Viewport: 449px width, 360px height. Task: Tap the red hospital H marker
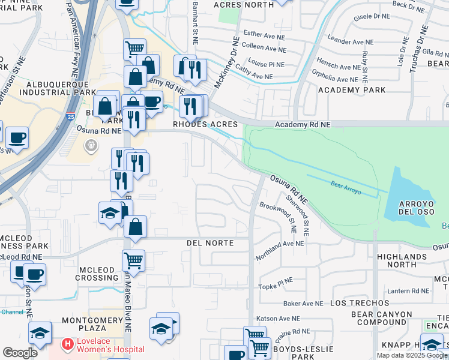[67, 345]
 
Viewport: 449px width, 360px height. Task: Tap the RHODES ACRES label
[205, 124]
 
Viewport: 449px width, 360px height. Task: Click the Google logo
[20, 353]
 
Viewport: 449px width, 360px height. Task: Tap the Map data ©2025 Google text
[411, 355]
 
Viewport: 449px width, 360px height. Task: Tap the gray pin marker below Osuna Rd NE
[91, 145]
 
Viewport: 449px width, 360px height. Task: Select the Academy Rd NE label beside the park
[303, 124]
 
